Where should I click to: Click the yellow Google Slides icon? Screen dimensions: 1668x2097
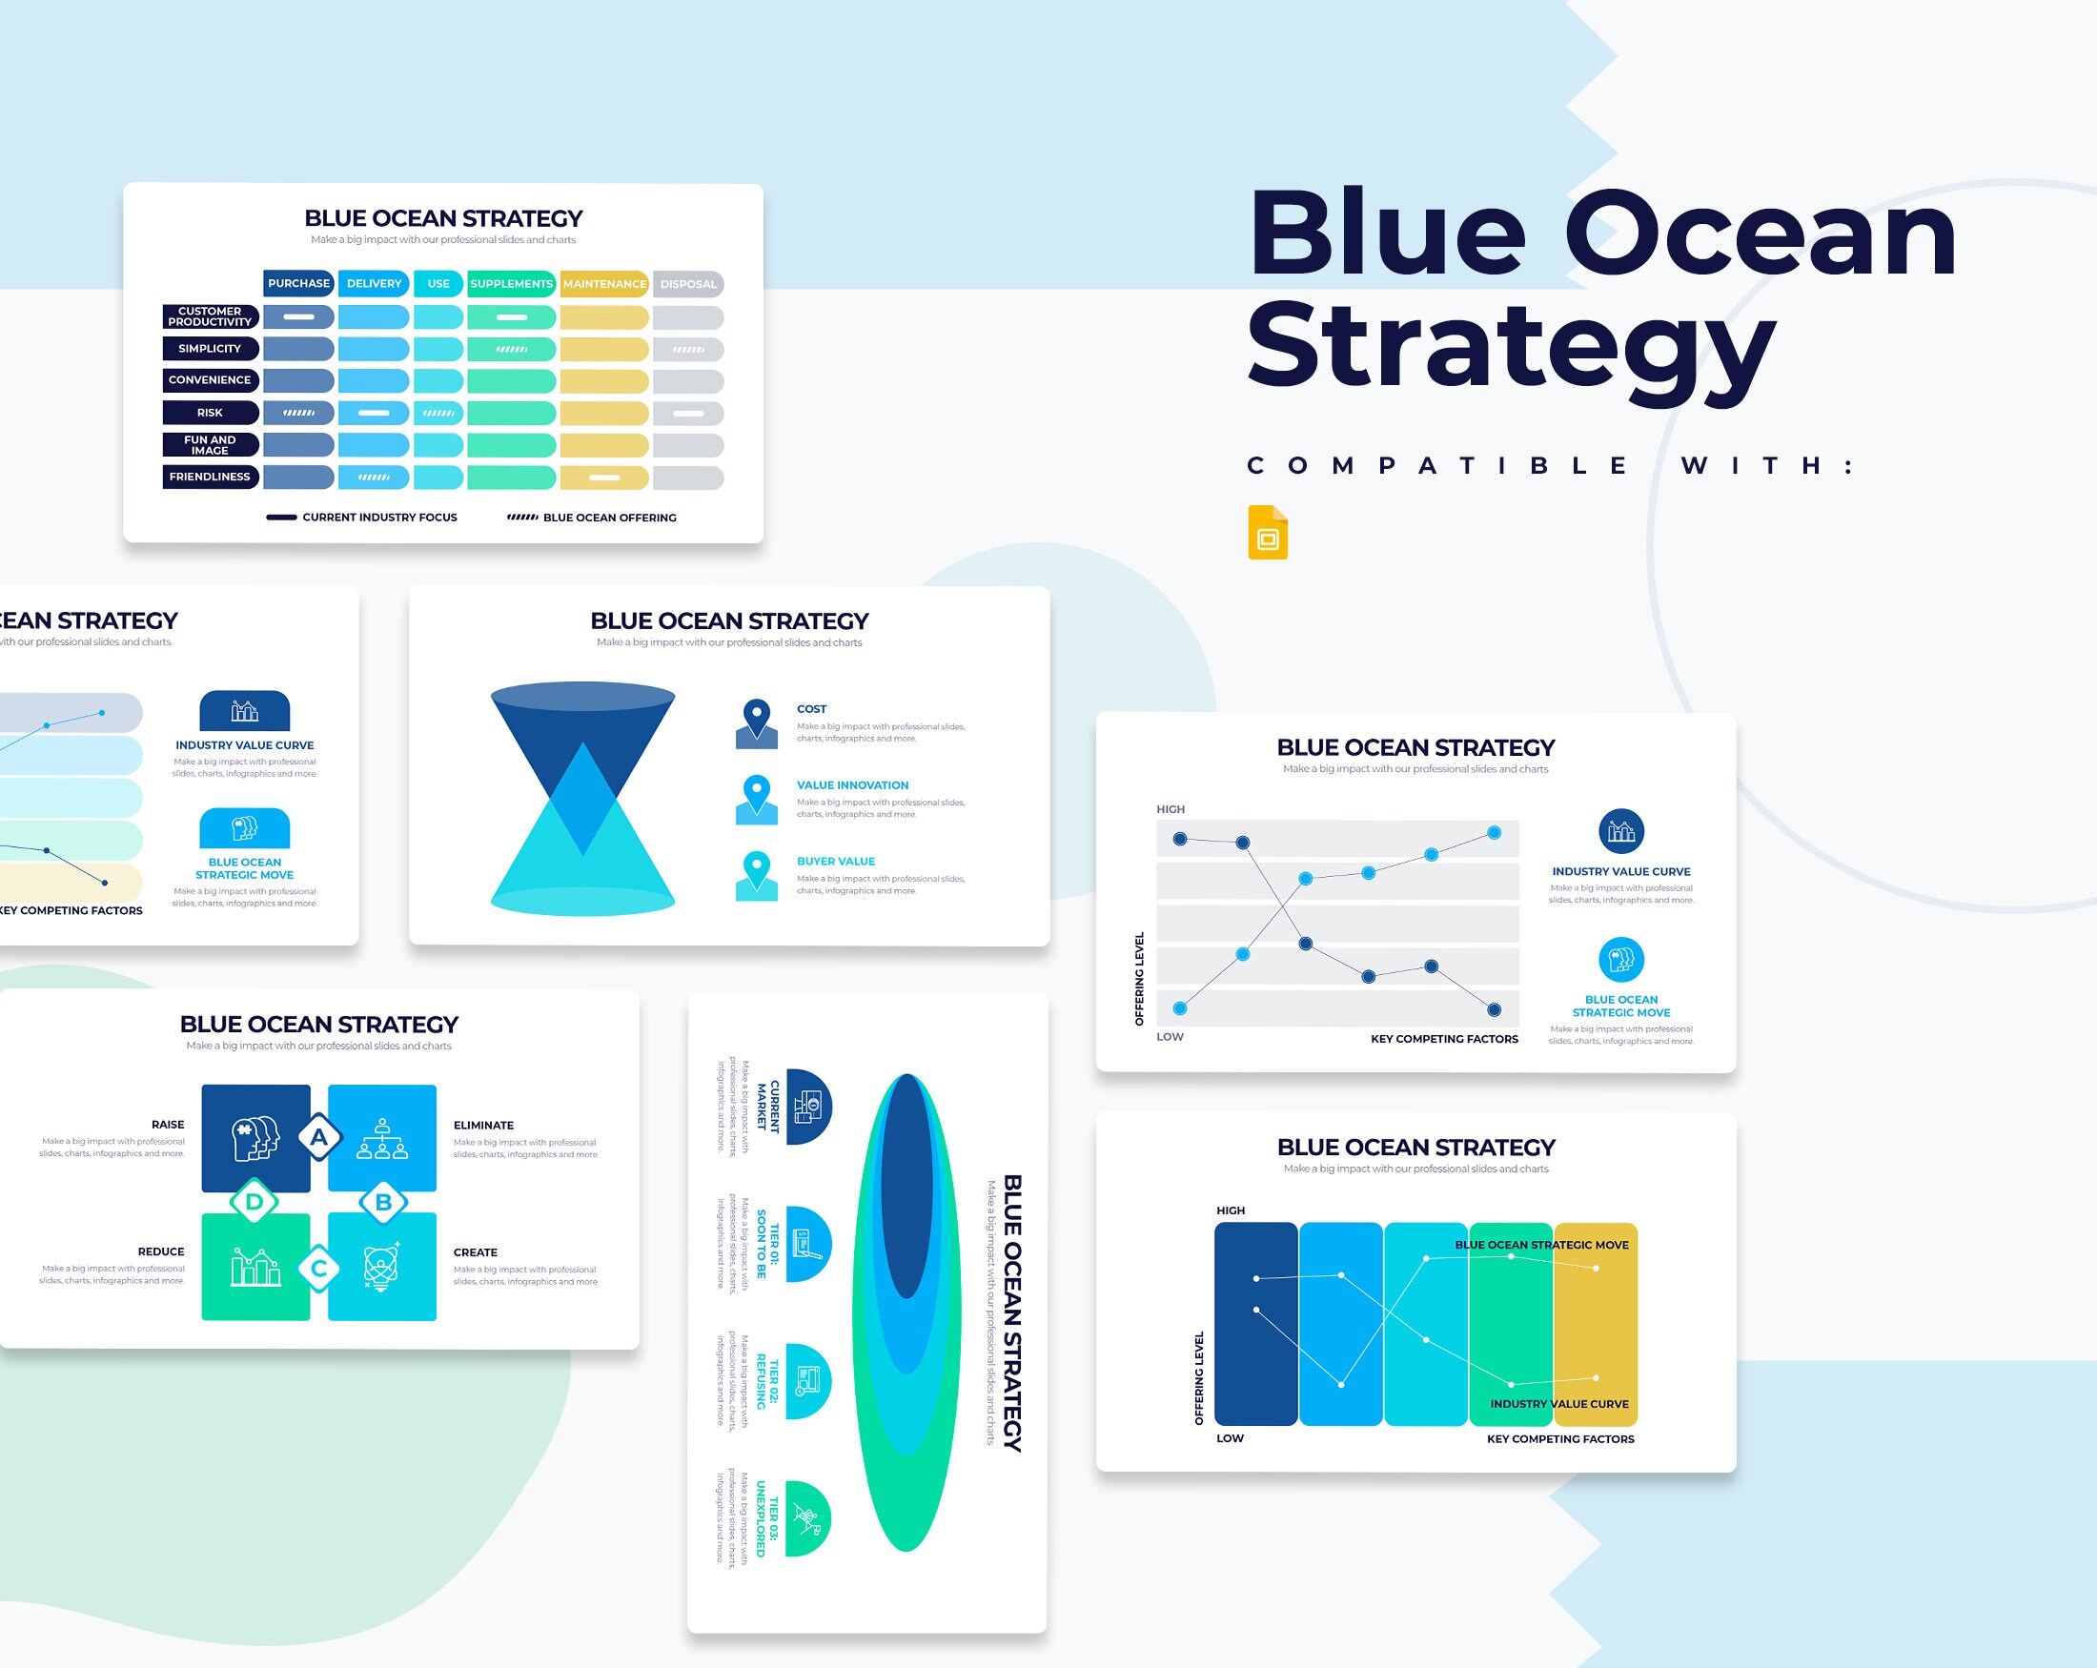(x=1268, y=532)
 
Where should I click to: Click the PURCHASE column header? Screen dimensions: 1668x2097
(x=298, y=283)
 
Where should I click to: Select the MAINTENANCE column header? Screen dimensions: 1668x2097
(x=604, y=284)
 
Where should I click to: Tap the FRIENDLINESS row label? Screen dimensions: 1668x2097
(x=210, y=477)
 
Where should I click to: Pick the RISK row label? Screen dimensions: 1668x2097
(x=210, y=413)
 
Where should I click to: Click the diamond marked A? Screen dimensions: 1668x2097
(x=319, y=1137)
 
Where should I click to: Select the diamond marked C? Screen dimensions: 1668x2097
(x=319, y=1268)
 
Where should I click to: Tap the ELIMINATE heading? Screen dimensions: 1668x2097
(x=483, y=1126)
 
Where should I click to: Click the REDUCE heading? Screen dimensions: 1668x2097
(x=160, y=1251)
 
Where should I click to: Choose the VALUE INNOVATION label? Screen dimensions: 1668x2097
(x=852, y=784)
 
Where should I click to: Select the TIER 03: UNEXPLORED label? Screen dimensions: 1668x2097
(x=767, y=1518)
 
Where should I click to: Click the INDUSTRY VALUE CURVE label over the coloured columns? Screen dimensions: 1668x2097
(x=1559, y=1403)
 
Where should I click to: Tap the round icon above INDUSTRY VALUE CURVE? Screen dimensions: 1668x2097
(x=1621, y=831)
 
